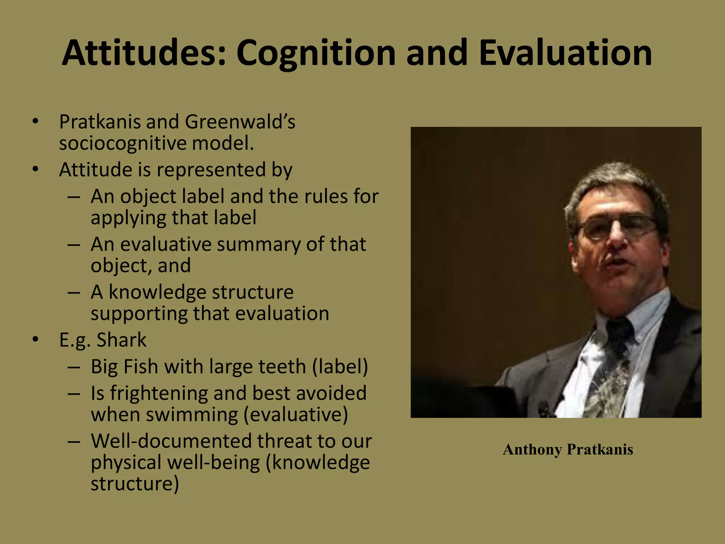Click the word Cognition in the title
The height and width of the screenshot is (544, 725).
316,53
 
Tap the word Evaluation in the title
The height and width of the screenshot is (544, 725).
565,53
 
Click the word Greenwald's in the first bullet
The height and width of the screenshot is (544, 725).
240,122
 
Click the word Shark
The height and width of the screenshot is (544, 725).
121,340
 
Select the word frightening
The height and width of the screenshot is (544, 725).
159,393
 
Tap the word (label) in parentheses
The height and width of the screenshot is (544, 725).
340,367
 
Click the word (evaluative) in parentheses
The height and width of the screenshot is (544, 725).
296,415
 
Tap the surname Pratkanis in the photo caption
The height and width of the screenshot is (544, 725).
600,450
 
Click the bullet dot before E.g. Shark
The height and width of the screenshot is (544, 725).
35,340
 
